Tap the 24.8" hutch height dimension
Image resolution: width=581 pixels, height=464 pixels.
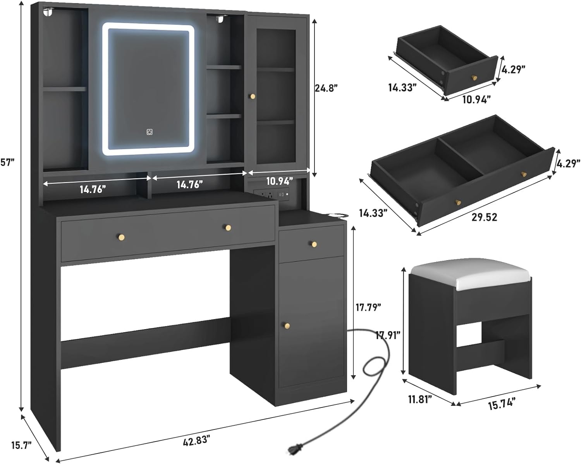pyautogui.click(x=326, y=88)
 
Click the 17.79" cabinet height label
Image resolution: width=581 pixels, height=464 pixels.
pyautogui.click(x=368, y=307)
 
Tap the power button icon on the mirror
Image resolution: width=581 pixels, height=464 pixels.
pyautogui.click(x=150, y=132)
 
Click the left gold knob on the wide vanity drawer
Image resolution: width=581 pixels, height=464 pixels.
pyautogui.click(x=122, y=236)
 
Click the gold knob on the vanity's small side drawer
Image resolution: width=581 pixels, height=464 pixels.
pyautogui.click(x=314, y=244)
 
